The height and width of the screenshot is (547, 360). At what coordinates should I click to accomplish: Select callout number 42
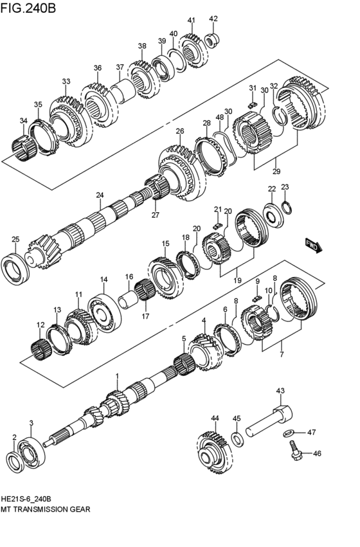pyautogui.click(x=213, y=19)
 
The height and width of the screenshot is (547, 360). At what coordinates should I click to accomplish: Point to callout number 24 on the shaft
pyautogui.click(x=100, y=195)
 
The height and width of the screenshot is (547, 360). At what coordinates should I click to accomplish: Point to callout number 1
pyautogui.click(x=117, y=375)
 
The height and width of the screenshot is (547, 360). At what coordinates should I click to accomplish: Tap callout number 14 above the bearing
pyautogui.click(x=103, y=280)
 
